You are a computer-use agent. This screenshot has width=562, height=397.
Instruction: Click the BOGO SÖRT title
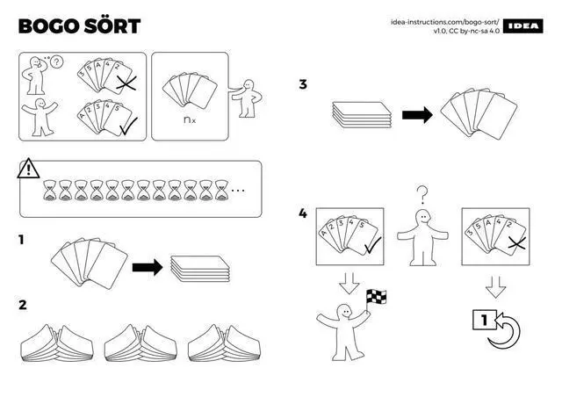[79, 25]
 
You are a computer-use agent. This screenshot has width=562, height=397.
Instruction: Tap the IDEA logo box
[524, 25]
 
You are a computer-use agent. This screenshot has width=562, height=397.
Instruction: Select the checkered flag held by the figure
[377, 298]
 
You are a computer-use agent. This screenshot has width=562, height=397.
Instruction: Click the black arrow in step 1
[147, 267]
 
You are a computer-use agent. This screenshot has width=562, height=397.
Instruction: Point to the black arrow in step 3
[416, 114]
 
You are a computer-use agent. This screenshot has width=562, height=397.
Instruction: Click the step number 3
[303, 85]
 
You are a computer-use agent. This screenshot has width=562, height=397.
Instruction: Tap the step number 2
[23, 305]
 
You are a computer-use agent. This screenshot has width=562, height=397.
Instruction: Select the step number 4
[303, 213]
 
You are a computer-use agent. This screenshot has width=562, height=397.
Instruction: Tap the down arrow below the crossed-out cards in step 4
[496, 285]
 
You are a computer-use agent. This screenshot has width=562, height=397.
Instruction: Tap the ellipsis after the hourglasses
[238, 190]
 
